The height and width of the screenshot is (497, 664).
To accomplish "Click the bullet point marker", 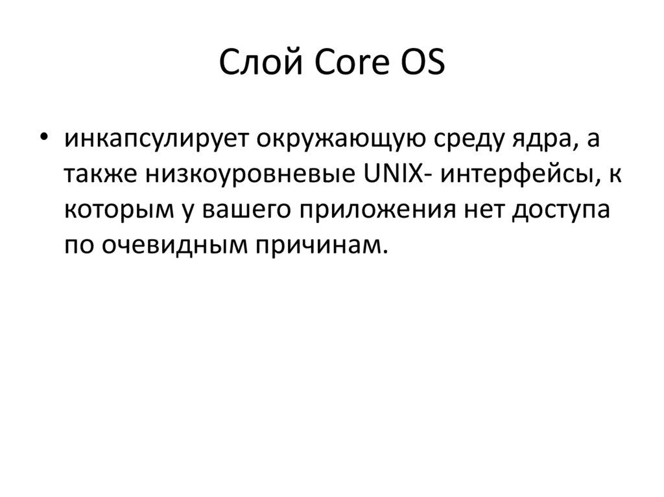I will (43, 141).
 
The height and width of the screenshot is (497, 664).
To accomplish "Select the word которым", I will (115, 211).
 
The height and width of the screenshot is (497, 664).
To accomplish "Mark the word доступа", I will (563, 211).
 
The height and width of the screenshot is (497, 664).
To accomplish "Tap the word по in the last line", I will (77, 246).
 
